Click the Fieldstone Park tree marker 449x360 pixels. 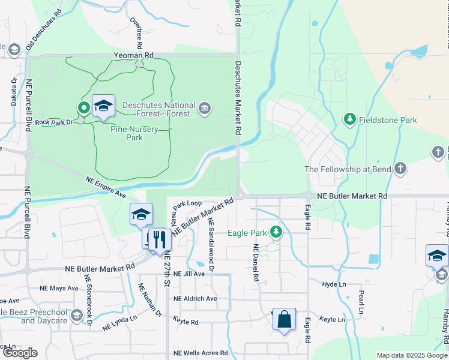tap(349, 119)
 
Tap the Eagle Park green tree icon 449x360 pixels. tap(276, 232)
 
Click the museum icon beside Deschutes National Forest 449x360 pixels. tap(205, 108)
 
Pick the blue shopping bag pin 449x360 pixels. tap(284, 320)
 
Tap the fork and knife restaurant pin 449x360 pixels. tap(159, 239)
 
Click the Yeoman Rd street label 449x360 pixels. tap(134, 55)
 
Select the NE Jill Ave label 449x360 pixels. tap(189, 274)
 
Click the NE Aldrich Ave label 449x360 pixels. tap(195, 298)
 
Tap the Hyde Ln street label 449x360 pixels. tap(334, 284)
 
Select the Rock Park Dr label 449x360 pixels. tap(53, 122)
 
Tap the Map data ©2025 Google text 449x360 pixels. tap(411, 355)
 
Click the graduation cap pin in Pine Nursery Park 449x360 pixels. tap(103, 106)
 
